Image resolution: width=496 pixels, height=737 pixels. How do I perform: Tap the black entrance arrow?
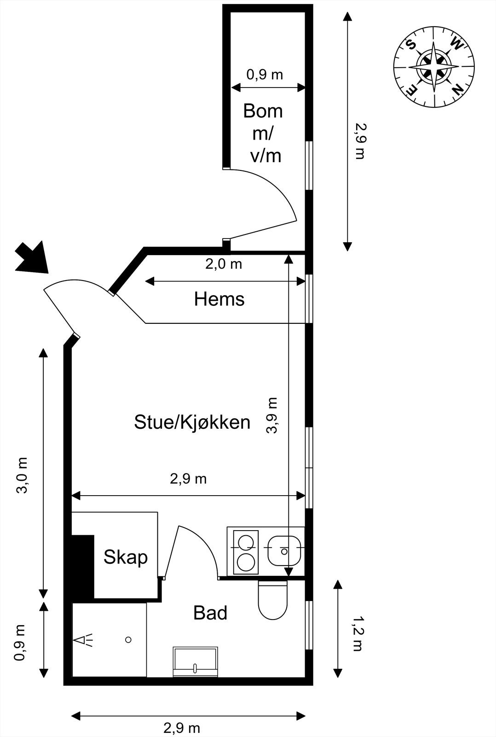[33, 259]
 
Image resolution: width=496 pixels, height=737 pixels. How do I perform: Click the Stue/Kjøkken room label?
[192, 422]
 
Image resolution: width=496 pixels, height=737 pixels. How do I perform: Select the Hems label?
[219, 299]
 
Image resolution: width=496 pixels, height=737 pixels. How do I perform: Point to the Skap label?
[125, 557]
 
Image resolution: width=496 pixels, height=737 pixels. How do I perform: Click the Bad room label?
[210, 613]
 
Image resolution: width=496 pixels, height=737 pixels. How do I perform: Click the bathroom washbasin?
[195, 662]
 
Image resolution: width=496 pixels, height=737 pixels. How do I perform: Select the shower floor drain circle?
[129, 639]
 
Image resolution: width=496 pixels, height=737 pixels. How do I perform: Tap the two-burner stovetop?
[246, 551]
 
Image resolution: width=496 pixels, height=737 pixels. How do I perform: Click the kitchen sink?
[284, 551]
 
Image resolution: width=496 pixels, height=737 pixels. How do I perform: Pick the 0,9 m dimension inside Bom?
[265, 74]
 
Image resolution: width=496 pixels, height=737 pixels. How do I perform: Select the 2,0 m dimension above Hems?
[224, 264]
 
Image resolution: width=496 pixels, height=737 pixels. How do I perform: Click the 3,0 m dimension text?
[23, 475]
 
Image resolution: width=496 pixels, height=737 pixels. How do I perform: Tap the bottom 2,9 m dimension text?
[182, 728]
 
